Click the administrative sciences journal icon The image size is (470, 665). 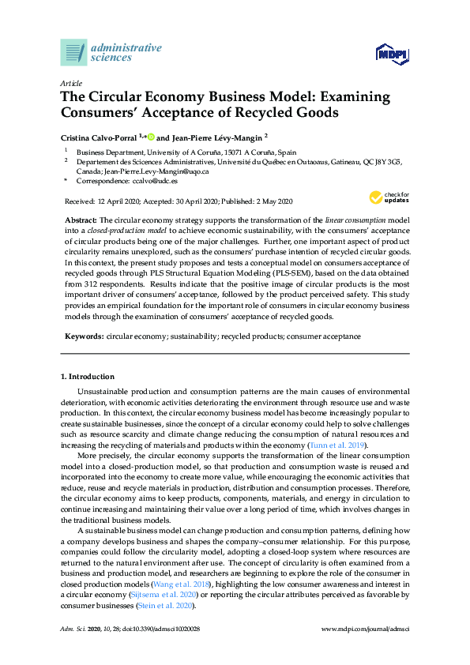pyautogui.click(x=73, y=52)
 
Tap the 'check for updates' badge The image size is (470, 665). pyautogui.click(x=389, y=197)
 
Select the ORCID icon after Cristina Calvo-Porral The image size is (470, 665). pyautogui.click(x=150, y=137)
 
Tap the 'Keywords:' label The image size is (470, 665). pyautogui.click(x=84, y=336)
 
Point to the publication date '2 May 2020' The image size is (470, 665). pyautogui.click(x=272, y=201)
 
